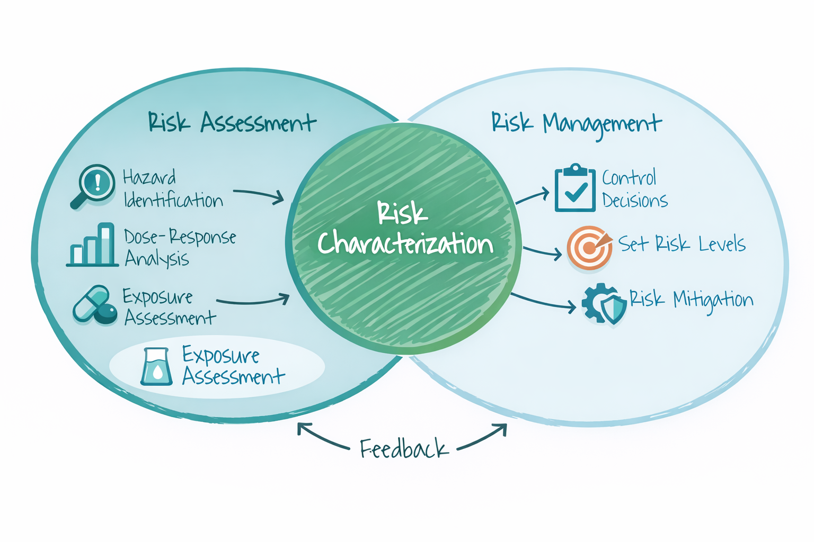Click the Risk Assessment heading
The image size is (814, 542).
coord(232,123)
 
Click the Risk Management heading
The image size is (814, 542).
coord(576,124)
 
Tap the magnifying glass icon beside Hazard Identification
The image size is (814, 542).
coord(94,186)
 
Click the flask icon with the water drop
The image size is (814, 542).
coord(157,366)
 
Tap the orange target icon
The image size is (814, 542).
coord(588,247)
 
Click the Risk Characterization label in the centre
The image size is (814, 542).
coord(405,229)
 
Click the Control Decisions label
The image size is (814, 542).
coord(634,189)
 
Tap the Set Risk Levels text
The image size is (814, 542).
coord(682,244)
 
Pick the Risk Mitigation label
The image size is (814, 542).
coord(691,300)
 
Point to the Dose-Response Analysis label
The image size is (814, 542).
coord(180,248)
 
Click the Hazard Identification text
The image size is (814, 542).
coord(173,189)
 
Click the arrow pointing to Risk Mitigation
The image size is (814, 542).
coord(543,302)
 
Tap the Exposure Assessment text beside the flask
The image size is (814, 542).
coord(233,366)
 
